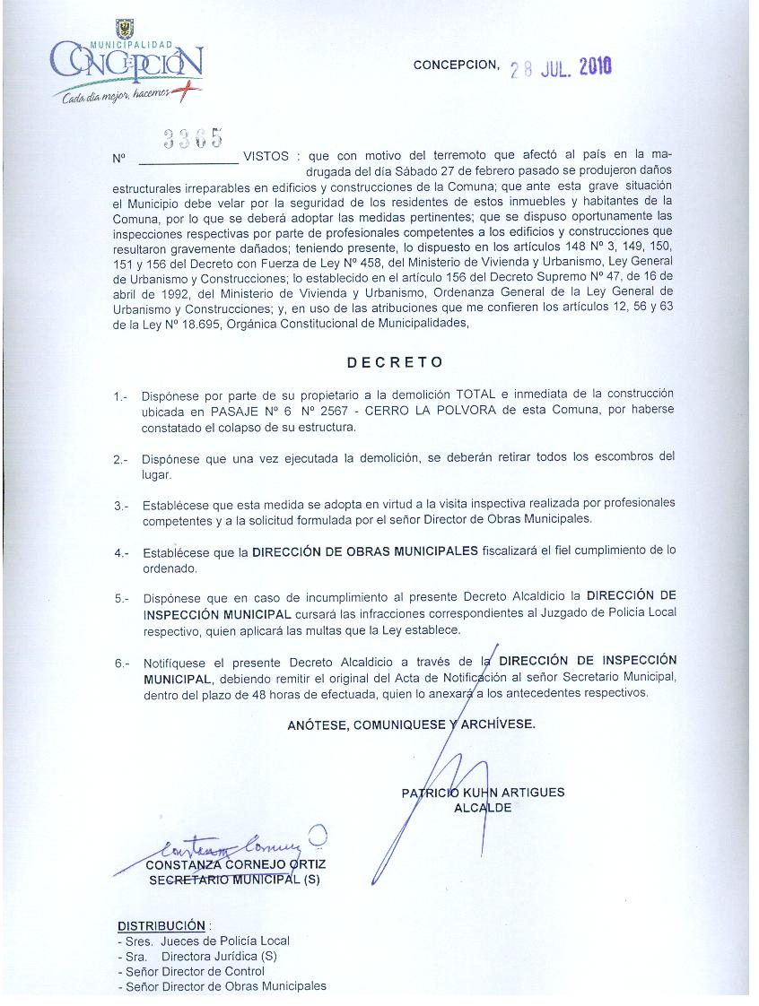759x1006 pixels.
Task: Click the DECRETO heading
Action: (395, 362)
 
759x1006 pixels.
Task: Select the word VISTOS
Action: (266, 156)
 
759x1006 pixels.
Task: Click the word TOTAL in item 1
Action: (476, 395)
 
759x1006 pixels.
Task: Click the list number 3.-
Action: (121, 506)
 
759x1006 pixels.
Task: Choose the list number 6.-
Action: (121, 664)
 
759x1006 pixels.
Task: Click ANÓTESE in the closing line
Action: (318, 725)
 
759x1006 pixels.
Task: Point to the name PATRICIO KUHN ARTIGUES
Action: (483, 793)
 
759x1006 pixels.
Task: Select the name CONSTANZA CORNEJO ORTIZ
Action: (235, 864)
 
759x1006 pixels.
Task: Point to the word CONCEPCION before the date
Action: (455, 65)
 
